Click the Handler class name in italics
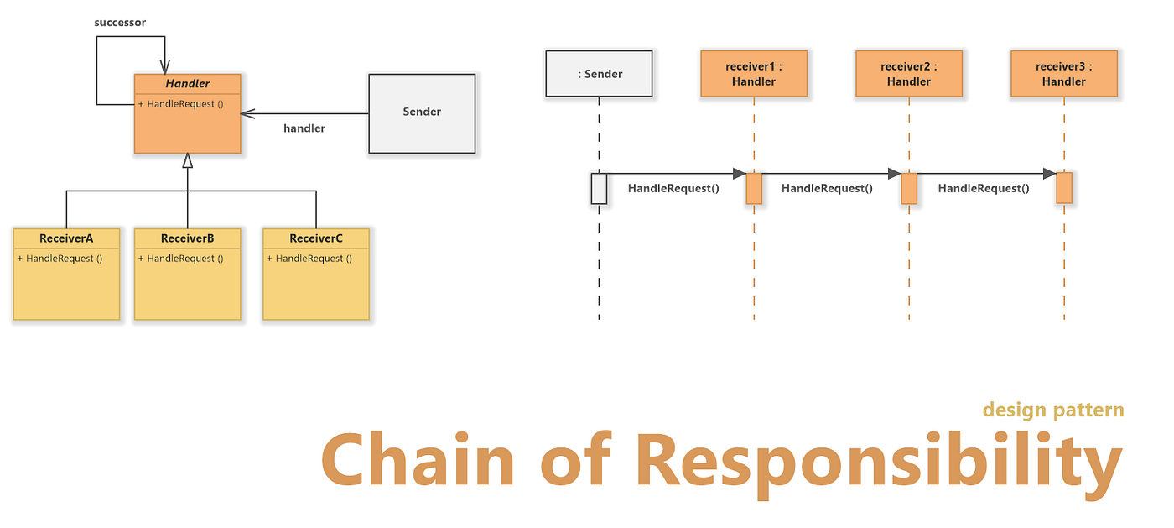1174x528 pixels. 187,84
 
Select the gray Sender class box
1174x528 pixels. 422,112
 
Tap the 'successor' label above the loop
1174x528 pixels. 120,23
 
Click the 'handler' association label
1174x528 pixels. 304,128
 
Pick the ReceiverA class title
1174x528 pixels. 66,238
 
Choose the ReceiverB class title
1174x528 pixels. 187,238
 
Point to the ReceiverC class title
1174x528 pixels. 315,238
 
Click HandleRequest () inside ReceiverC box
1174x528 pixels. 309,259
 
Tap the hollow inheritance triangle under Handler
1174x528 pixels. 188,160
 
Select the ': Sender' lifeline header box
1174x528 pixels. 600,74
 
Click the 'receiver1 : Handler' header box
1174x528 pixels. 754,74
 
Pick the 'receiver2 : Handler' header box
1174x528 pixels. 909,74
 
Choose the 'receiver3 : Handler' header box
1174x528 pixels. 1063,74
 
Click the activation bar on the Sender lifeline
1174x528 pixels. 599,188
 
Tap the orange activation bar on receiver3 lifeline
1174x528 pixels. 1064,188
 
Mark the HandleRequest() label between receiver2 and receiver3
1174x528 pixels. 983,189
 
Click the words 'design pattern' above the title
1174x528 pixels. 1052,410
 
